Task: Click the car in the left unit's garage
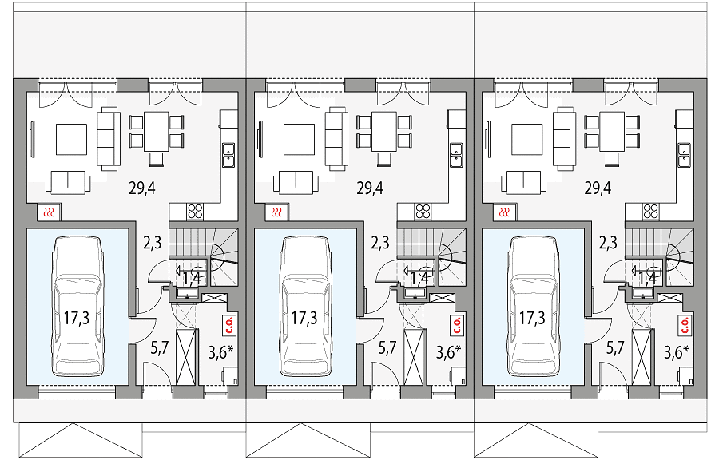[77, 306]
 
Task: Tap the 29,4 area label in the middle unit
[370, 188]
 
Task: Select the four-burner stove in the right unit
[651, 212]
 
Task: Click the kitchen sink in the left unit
[228, 154]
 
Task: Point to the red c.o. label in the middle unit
[457, 324]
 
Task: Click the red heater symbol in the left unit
[49, 212]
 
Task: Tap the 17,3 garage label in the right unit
[532, 317]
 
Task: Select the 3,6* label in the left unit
[221, 352]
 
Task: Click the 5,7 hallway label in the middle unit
[387, 348]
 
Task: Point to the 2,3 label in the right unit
[608, 242]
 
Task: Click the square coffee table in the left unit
[72, 139]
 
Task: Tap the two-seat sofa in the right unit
[523, 182]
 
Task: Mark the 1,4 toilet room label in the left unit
[191, 277]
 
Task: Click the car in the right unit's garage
[532, 306]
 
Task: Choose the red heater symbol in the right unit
[504, 212]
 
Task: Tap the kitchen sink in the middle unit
[456, 154]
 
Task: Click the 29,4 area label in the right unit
[598, 188]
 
